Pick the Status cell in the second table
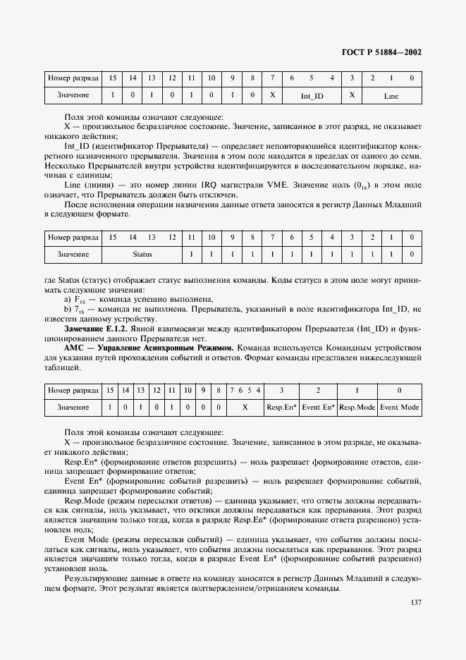tap(143, 254)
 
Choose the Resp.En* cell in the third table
tap(282, 408)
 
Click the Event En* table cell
tap(319, 408)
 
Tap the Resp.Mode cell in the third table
tap(357, 408)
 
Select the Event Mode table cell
tap(400, 408)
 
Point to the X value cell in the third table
tap(245, 408)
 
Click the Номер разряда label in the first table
tap(72, 77)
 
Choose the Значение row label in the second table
tap(72, 254)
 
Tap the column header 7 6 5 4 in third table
tap(245, 390)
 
